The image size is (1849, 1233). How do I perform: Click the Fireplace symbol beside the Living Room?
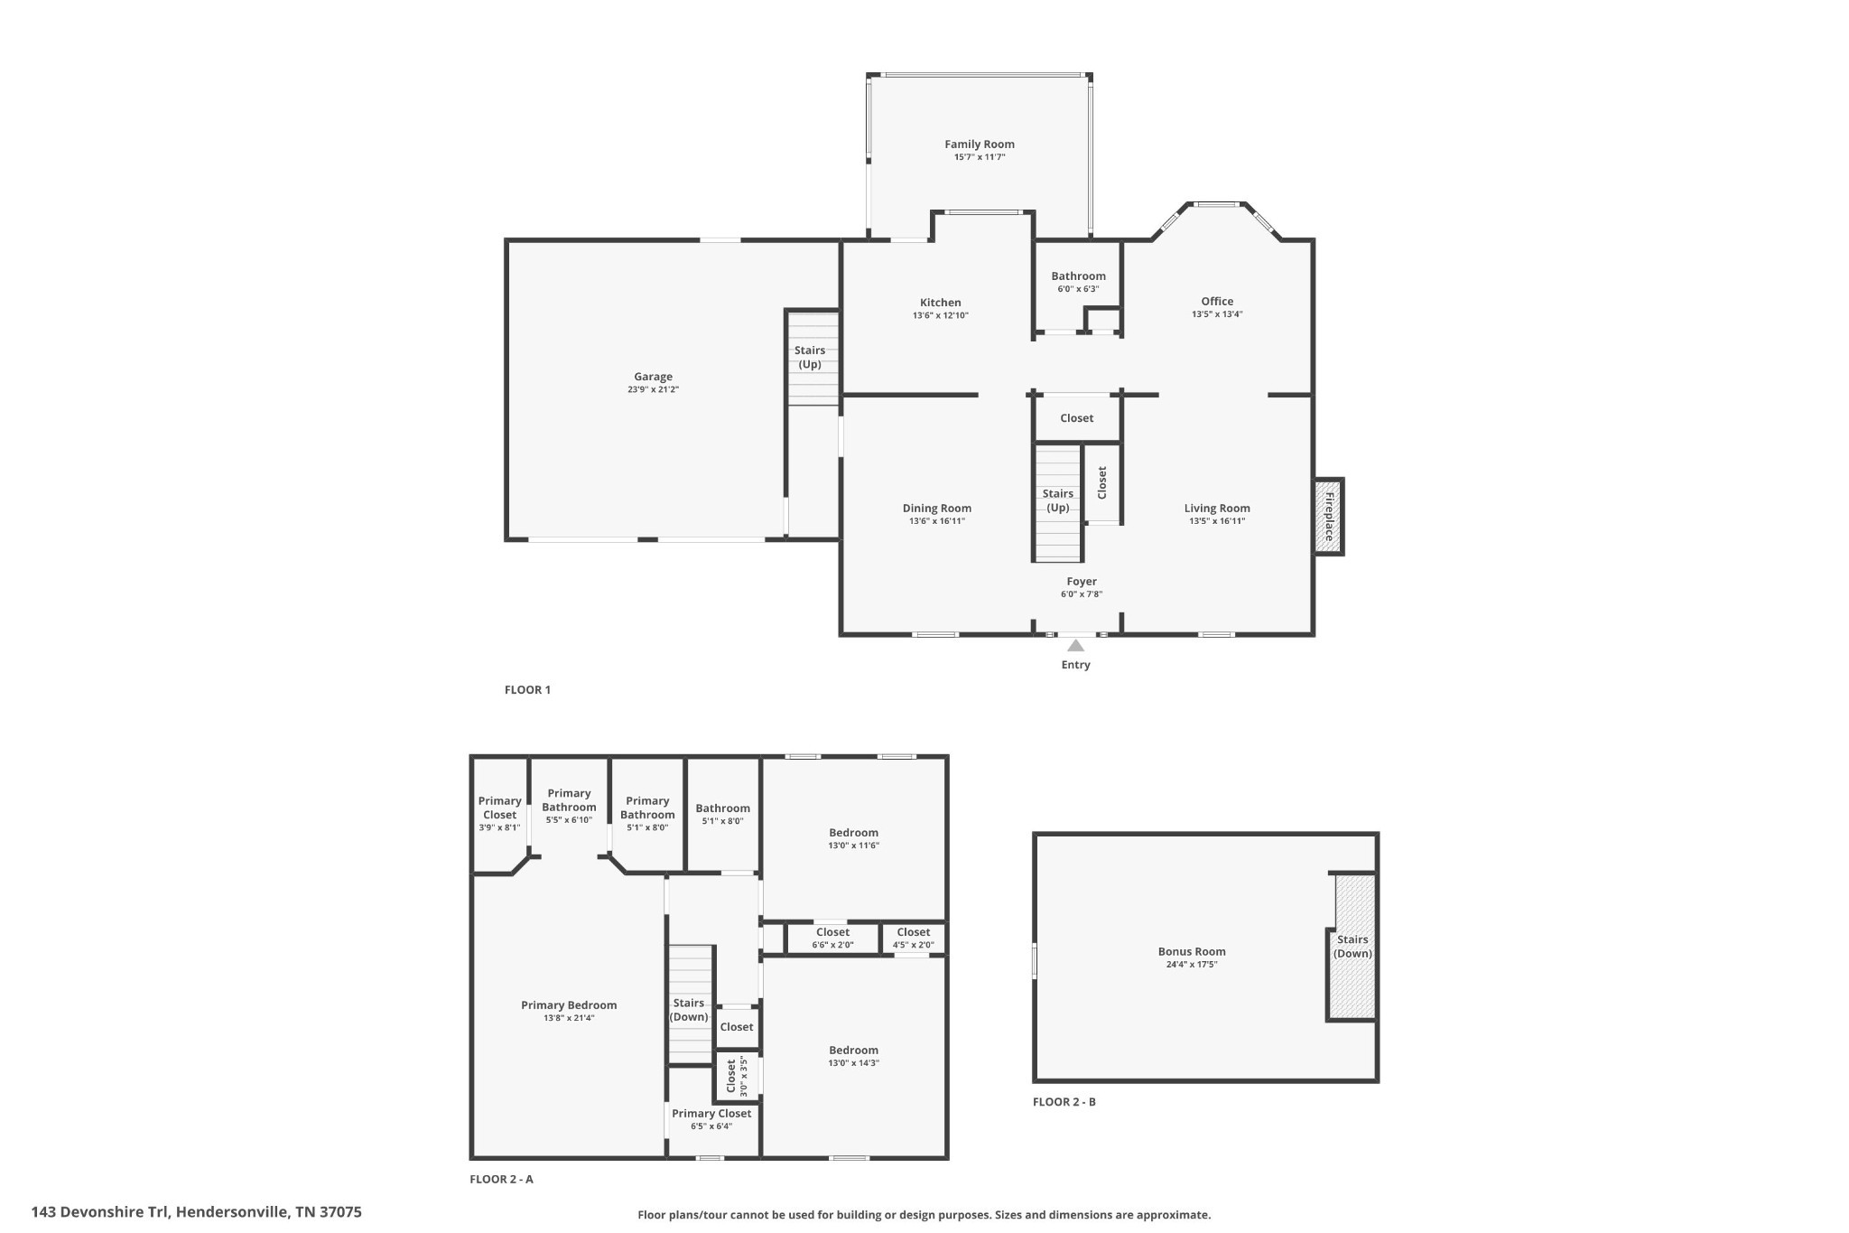[1328, 516]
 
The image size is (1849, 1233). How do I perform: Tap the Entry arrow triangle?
[1075, 646]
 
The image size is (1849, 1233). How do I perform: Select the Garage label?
[653, 377]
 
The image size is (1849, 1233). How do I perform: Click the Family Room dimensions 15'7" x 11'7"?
[980, 157]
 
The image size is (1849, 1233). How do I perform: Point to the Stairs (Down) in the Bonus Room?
[1352, 947]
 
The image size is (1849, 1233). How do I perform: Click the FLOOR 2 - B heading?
[1064, 1102]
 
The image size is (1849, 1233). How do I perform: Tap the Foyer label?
[1082, 582]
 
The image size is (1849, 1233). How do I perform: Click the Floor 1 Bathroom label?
[1078, 276]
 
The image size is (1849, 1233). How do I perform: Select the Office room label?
[1217, 302]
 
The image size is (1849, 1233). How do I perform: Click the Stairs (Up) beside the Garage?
[810, 358]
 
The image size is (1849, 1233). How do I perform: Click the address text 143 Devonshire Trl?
[196, 1212]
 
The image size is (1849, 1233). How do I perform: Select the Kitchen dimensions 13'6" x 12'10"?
[940, 316]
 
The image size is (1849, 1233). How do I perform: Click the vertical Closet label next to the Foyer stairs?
[1101, 482]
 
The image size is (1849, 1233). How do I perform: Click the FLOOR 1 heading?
[527, 690]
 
